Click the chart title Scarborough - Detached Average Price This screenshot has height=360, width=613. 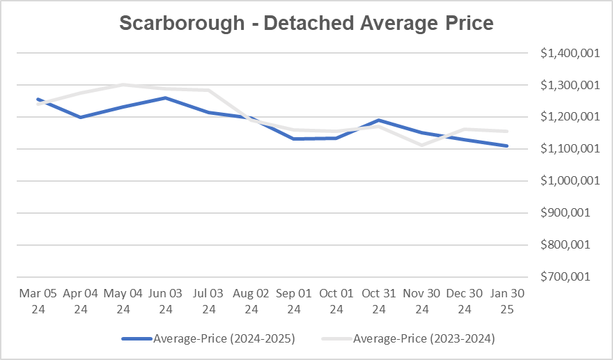(306, 23)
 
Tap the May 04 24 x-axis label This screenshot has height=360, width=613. (123, 301)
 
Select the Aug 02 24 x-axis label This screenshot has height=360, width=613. (251, 301)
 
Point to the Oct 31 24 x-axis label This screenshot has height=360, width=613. (379, 301)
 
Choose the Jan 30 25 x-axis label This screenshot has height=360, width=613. (507, 301)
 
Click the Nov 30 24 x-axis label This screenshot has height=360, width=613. (421, 301)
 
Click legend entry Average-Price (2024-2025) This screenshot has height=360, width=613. (209, 339)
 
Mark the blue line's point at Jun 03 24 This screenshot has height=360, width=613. (166, 97)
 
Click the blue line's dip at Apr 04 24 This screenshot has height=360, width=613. (81, 117)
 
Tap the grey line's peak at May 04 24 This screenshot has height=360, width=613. (123, 85)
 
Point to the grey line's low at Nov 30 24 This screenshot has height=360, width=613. (421, 145)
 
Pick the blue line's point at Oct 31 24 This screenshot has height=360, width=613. (379, 120)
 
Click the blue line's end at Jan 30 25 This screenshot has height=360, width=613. (507, 146)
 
